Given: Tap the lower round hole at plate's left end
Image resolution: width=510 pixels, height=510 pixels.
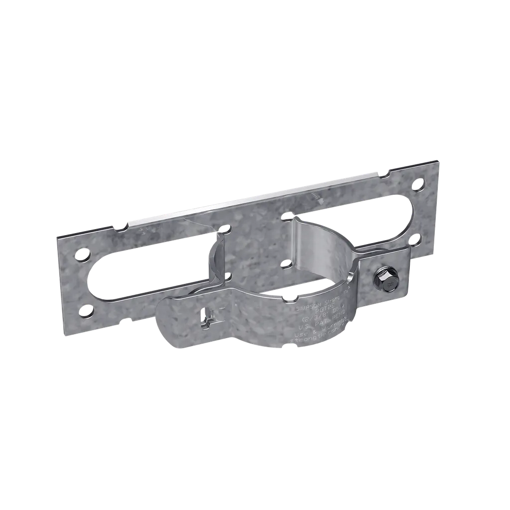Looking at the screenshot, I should [81, 313].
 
